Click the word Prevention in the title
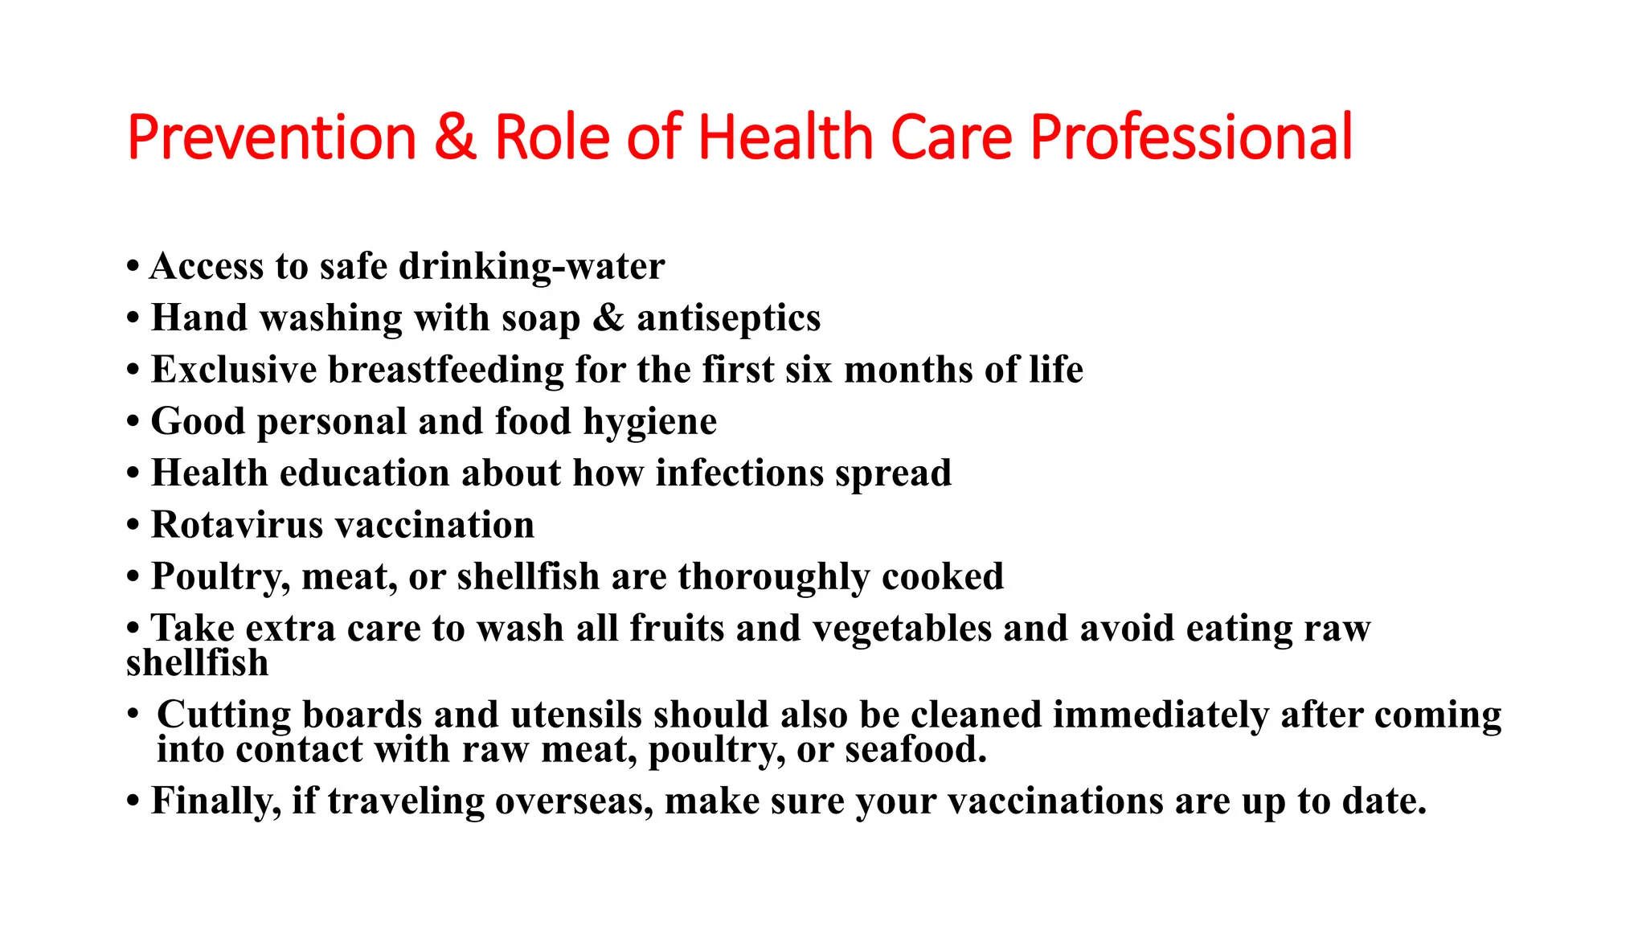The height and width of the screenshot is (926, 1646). click(x=272, y=137)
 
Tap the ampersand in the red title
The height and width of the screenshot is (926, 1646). click(x=455, y=137)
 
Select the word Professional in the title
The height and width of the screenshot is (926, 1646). click(x=1191, y=137)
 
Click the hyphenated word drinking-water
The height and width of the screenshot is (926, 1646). click(x=532, y=267)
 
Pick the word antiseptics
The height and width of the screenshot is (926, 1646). click(x=728, y=318)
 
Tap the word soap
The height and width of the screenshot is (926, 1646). click(x=541, y=318)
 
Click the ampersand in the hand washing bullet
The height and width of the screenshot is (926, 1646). click(x=608, y=318)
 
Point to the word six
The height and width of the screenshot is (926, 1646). click(x=808, y=370)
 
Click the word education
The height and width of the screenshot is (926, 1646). click(x=364, y=473)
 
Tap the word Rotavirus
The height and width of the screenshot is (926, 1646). click(x=236, y=525)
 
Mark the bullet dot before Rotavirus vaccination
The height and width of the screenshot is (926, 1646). click(x=133, y=526)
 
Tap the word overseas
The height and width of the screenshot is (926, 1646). click(x=574, y=801)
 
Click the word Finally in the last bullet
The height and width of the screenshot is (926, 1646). click(x=215, y=801)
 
